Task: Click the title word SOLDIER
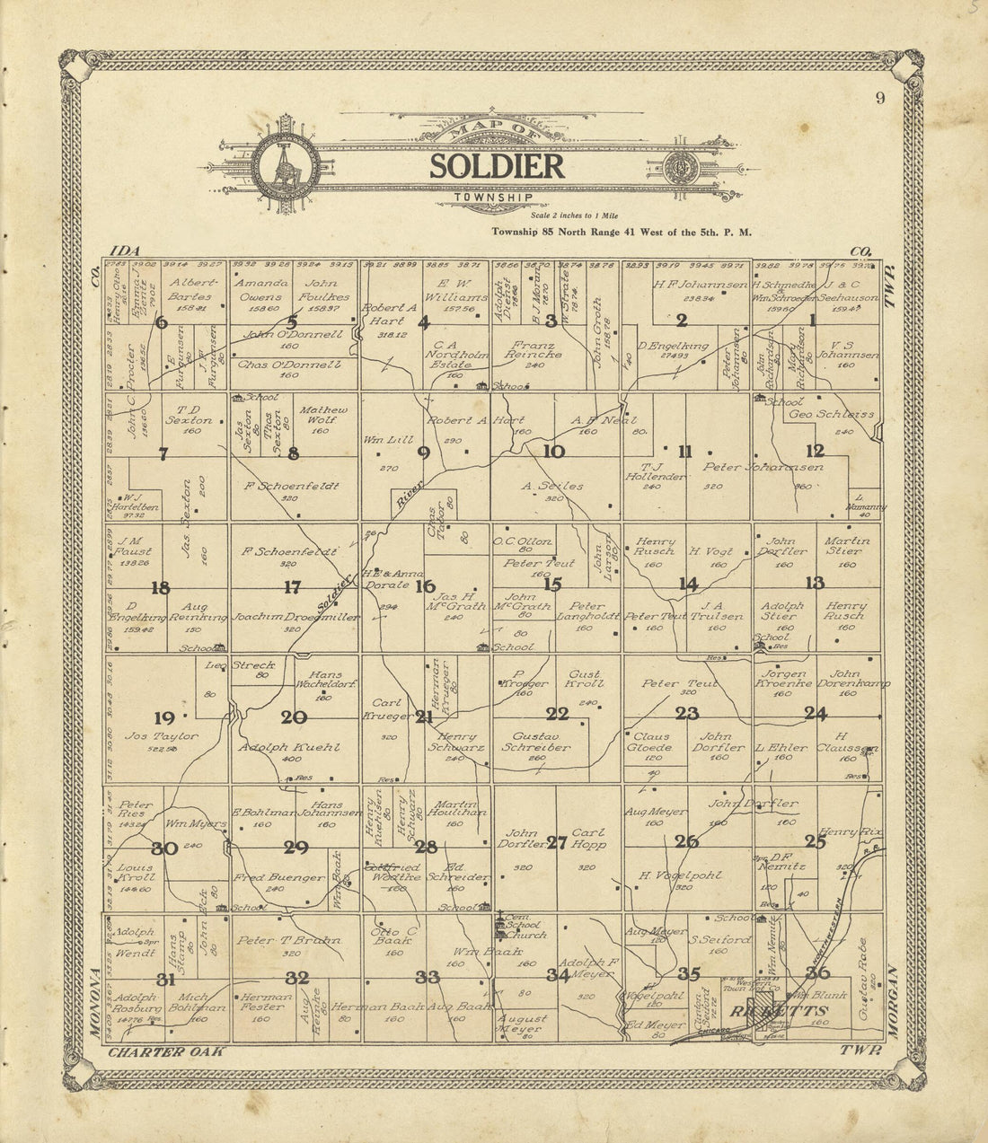[497, 166]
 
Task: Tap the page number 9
[880, 99]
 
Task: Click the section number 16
[425, 586]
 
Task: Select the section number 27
[557, 842]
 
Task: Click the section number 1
[813, 319]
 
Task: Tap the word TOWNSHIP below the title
[493, 197]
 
